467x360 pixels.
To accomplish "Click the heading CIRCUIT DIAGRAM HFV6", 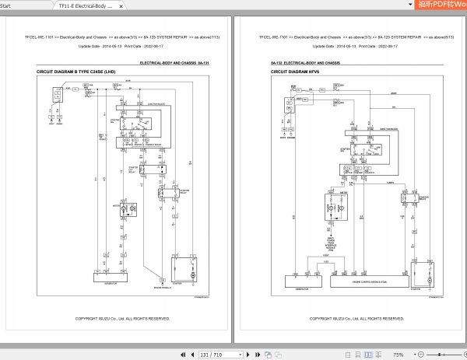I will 297,72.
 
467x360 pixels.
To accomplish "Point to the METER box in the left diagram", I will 110,211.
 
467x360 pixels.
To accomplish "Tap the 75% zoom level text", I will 398,354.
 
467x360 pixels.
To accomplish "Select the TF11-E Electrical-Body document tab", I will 86,5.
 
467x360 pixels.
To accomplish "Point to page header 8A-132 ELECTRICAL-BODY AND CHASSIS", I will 305,62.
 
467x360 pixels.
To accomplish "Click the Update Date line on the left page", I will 121,46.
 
